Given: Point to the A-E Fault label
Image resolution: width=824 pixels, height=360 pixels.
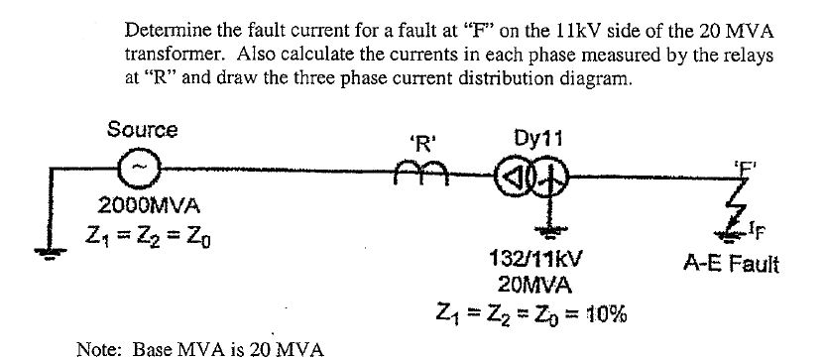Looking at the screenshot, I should (732, 265).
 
